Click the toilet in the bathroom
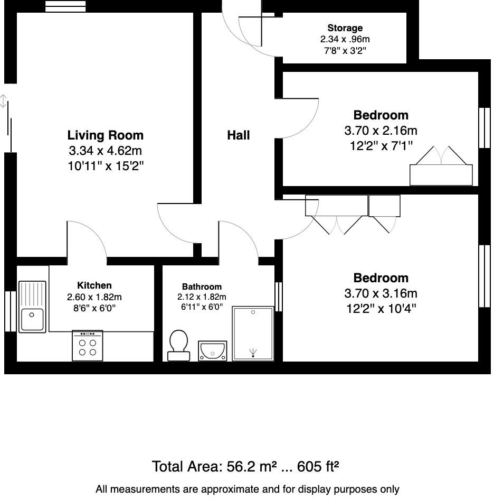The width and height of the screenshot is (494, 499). (178, 345)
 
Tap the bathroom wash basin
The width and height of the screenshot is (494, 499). (212, 350)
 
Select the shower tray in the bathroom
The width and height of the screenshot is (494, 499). (253, 333)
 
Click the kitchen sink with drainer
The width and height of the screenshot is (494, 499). (33, 307)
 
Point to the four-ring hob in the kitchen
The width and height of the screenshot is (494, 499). (87, 346)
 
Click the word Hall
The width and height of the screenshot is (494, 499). (238, 135)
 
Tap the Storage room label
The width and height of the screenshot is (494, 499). (345, 28)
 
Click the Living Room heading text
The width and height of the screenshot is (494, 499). (106, 135)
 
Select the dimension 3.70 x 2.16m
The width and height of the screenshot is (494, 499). (381, 130)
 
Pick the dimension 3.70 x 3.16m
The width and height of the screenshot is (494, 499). (381, 293)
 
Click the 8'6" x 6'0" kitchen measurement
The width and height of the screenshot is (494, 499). (94, 307)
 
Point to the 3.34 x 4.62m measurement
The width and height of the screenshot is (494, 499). (106, 151)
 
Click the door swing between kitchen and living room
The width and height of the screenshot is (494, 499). (87, 241)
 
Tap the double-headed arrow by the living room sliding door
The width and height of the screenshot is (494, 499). (4, 101)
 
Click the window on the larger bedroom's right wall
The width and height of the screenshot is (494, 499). (484, 275)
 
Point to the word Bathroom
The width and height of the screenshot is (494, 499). (202, 287)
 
